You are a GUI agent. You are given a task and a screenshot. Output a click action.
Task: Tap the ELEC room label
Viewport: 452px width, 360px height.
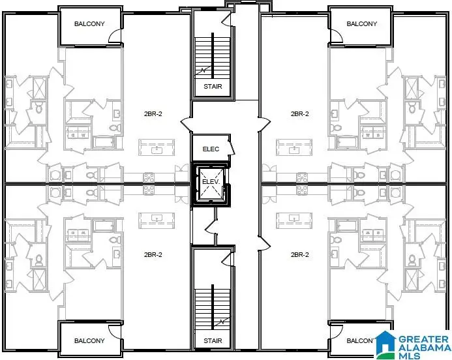pyautogui.click(x=211, y=149)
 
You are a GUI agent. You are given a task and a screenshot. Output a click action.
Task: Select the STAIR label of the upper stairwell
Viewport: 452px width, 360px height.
pyautogui.click(x=212, y=85)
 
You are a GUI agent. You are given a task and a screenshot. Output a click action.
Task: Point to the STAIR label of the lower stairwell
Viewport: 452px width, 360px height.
pyautogui.click(x=212, y=340)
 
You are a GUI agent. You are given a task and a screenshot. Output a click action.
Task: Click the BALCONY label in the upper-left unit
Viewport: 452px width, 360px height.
pyautogui.click(x=89, y=24)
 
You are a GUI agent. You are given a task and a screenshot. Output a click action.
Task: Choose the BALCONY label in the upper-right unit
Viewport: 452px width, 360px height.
pyautogui.click(x=361, y=24)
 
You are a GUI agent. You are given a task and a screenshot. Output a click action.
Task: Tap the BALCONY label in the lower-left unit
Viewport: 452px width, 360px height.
pyautogui.click(x=89, y=340)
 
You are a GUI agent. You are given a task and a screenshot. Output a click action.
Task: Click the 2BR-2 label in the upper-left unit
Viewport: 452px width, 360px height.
pyautogui.click(x=153, y=113)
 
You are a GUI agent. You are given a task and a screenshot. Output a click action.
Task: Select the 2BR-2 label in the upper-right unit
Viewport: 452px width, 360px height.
pyautogui.click(x=299, y=113)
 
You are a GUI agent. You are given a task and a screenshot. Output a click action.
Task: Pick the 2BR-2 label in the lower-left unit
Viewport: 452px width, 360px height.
pyautogui.click(x=153, y=254)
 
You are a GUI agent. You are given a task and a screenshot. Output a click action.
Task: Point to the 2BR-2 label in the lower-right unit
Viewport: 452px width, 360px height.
pyautogui.click(x=299, y=254)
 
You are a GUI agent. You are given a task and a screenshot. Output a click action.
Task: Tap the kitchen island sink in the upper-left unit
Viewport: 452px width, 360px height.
pyautogui.click(x=156, y=149)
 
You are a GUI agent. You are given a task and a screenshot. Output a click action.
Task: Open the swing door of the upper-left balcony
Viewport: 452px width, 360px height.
pyautogui.click(x=115, y=38)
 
